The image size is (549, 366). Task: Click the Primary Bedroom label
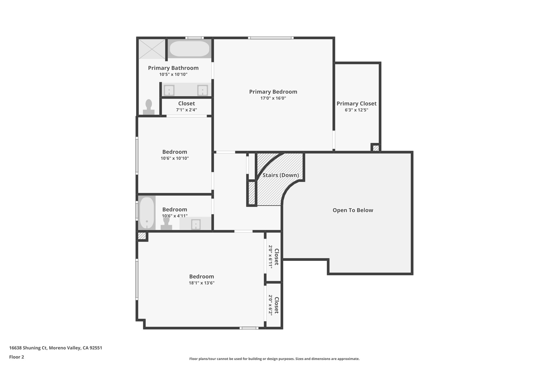[273, 92]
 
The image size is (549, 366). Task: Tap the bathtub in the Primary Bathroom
[190, 49]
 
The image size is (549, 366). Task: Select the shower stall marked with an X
[152, 49]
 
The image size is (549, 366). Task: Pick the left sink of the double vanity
[169, 90]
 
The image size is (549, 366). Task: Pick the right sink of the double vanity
[202, 90]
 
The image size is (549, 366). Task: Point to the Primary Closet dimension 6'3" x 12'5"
[356, 110]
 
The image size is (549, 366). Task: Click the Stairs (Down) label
[280, 175]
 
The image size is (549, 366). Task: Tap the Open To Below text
[353, 210]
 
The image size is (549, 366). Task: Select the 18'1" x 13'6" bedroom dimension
[202, 283]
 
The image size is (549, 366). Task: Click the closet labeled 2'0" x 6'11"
[273, 257]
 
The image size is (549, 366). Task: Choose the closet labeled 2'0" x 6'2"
[273, 305]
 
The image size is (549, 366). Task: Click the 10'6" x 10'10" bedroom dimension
[175, 158]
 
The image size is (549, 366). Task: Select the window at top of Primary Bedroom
[270, 38]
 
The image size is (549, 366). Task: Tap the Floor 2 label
[17, 357]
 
